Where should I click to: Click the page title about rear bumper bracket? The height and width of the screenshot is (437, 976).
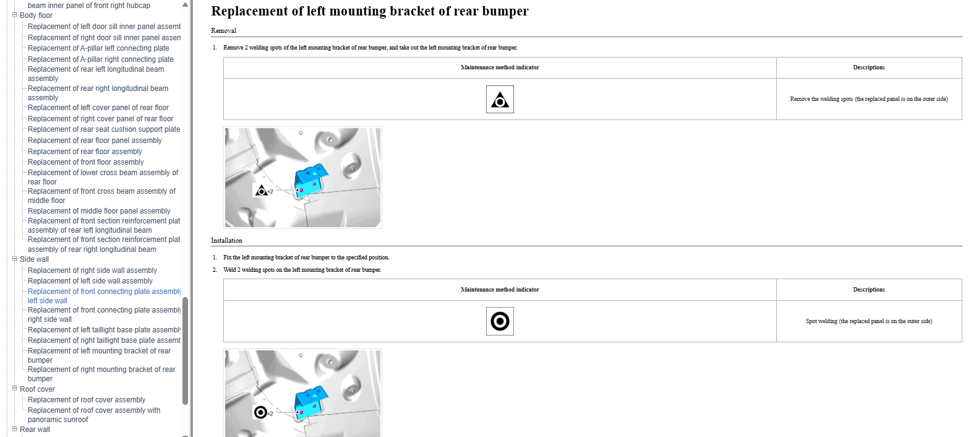[x=369, y=11]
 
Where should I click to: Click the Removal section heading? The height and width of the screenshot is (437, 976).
[x=223, y=30]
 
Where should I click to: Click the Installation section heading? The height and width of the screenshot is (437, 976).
[x=226, y=240]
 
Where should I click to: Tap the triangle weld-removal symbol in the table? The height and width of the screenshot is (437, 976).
[x=500, y=100]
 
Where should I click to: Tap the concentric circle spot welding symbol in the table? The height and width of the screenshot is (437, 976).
[x=500, y=321]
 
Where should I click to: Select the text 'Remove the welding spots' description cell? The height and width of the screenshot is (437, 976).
[x=869, y=99]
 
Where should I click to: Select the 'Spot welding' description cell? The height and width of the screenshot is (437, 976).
[x=869, y=321]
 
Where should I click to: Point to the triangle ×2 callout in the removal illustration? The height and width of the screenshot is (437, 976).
[x=263, y=191]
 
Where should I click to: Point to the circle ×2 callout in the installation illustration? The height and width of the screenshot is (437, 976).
[x=263, y=413]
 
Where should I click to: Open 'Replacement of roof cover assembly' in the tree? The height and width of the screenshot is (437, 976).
[x=86, y=399]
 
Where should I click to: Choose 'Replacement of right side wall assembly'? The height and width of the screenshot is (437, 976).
[x=92, y=270]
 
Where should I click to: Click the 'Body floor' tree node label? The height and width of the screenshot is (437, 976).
[x=36, y=15]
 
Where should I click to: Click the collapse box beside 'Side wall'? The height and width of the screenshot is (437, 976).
[x=14, y=259]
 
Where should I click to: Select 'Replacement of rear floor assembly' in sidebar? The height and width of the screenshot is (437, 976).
[x=85, y=151]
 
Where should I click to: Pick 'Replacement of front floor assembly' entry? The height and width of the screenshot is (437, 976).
[x=86, y=162]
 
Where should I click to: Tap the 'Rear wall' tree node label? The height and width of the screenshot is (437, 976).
[x=35, y=429]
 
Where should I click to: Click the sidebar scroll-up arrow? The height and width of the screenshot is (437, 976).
[x=185, y=5]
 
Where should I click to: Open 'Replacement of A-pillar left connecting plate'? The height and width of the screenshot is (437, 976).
[x=98, y=48]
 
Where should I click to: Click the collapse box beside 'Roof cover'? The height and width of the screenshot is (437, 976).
[x=14, y=388]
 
